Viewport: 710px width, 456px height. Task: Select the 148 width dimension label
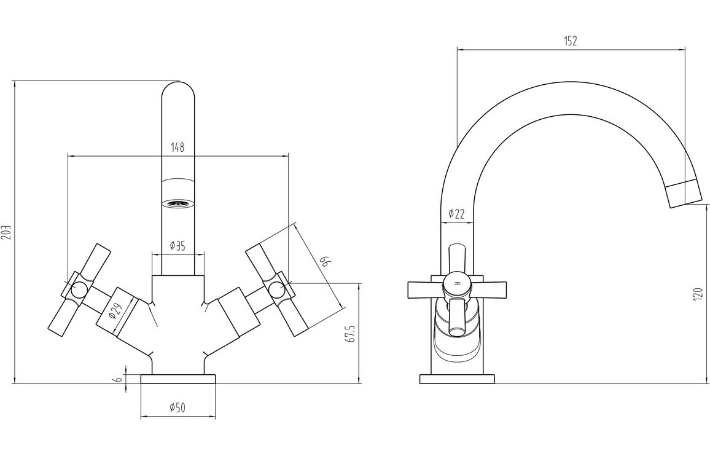pos(177,147)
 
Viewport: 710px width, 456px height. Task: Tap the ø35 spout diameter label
pos(177,246)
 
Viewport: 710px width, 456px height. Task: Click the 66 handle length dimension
pos(326,262)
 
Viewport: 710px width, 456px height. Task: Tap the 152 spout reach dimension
pos(571,41)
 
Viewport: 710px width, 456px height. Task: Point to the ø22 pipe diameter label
pos(456,213)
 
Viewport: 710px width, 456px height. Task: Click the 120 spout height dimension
pos(697,293)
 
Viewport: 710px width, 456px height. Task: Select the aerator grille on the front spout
pos(177,203)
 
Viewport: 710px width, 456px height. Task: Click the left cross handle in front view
pos(79,289)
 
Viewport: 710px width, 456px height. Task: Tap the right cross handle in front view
pos(277,289)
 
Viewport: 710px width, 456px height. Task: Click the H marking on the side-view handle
pos(457,283)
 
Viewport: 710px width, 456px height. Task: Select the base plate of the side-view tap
pos(457,379)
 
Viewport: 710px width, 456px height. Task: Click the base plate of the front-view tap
pos(177,379)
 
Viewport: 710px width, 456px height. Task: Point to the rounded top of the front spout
pos(177,92)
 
